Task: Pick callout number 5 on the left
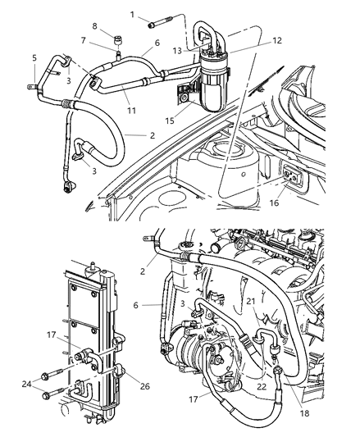pyautogui.click(x=34, y=58)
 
